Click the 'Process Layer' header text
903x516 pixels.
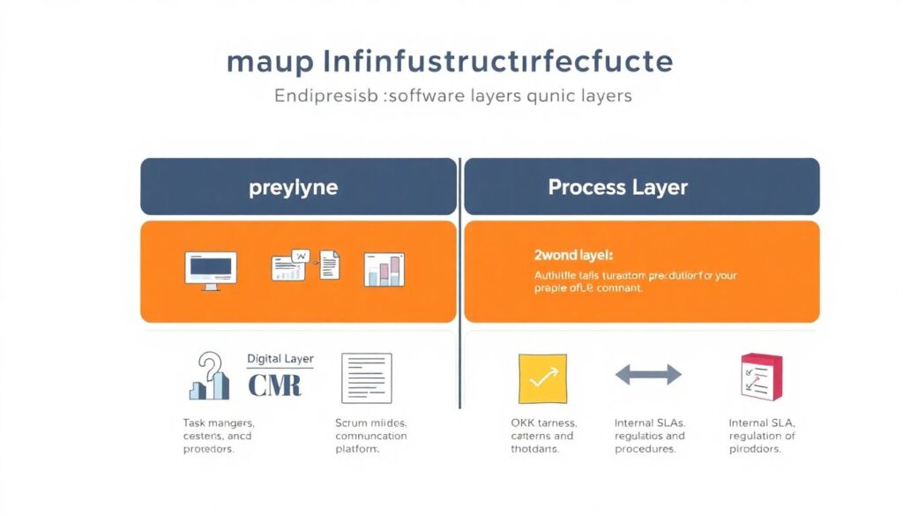point(617,187)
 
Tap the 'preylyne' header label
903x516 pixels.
point(298,187)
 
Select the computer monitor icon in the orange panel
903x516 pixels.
point(210,268)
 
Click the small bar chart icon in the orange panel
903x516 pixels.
point(384,269)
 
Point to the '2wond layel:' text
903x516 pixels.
point(573,255)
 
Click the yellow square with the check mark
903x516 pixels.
point(542,378)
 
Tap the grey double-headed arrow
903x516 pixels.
point(648,375)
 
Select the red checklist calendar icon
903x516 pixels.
point(760,377)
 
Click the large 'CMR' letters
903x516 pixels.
point(274,385)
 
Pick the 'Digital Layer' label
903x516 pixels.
point(280,359)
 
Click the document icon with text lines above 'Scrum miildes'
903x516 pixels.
point(366,378)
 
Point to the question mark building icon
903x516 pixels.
point(210,377)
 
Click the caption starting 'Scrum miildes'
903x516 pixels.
point(370,436)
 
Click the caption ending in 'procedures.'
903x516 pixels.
point(649,436)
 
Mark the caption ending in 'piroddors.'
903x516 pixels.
point(761,436)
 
